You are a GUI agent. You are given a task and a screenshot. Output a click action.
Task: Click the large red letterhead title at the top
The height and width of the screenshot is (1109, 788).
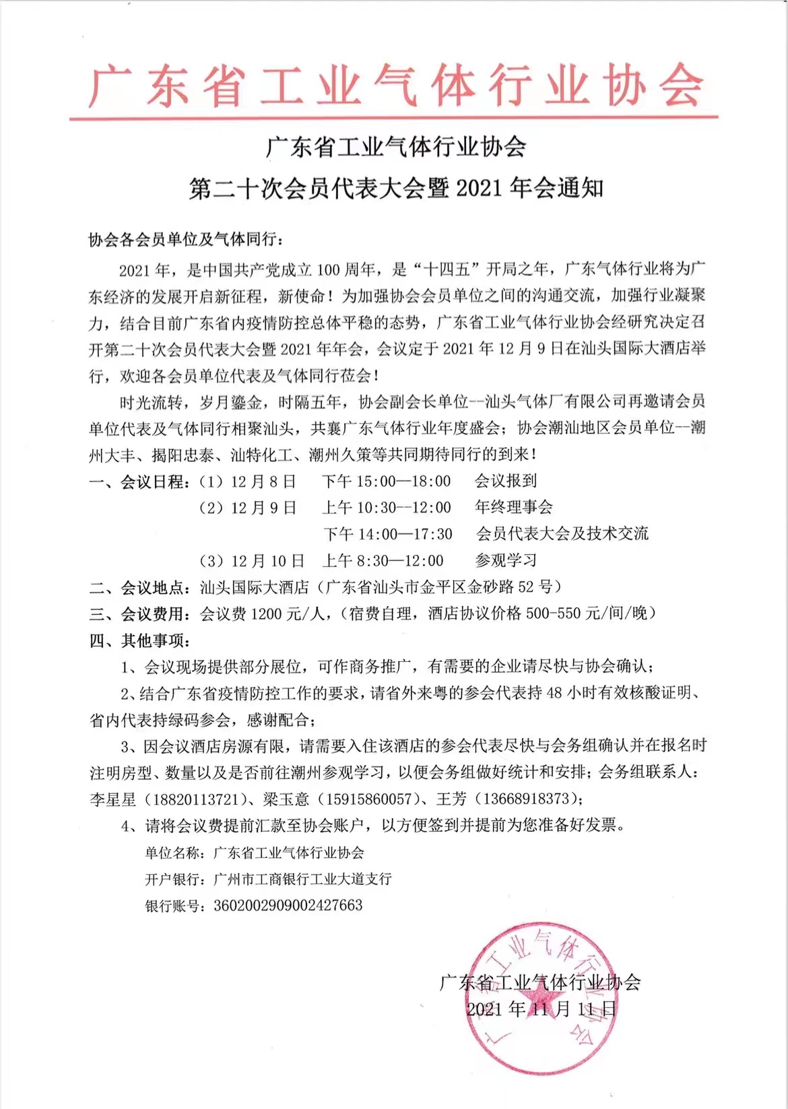[x=395, y=86]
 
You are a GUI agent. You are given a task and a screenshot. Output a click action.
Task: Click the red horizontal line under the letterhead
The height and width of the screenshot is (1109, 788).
[x=393, y=119]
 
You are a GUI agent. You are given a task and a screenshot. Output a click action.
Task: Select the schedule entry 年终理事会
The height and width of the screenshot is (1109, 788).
[x=514, y=507]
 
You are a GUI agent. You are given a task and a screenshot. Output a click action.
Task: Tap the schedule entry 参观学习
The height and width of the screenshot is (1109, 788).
[x=505, y=560]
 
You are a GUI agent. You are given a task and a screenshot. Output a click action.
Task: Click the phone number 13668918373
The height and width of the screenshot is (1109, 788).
[x=523, y=799]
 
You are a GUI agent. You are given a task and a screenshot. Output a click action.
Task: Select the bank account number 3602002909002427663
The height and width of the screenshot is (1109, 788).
[x=288, y=906]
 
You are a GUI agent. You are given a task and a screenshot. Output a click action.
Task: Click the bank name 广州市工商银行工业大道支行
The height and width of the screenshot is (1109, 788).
[x=302, y=879]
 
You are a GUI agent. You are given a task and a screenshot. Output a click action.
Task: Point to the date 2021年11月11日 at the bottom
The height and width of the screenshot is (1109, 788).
[x=541, y=1009]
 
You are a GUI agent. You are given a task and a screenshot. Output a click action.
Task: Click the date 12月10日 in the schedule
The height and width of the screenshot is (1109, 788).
[x=267, y=560]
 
